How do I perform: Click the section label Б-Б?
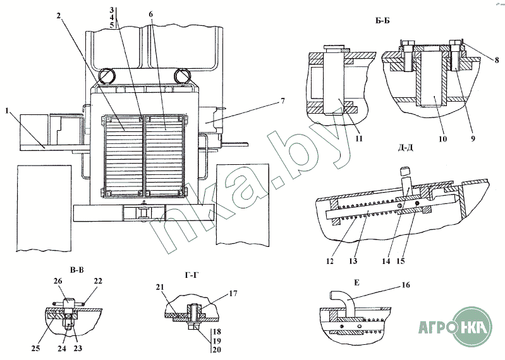(x=382, y=21)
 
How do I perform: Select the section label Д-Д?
(x=406, y=148)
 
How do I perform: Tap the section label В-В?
(x=76, y=270)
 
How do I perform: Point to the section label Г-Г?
(x=192, y=275)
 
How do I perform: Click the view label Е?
(x=356, y=283)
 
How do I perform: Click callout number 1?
(x=6, y=111)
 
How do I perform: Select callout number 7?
(x=283, y=101)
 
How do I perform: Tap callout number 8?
(x=497, y=60)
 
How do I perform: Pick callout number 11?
(x=359, y=138)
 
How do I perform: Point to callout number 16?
(x=406, y=285)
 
